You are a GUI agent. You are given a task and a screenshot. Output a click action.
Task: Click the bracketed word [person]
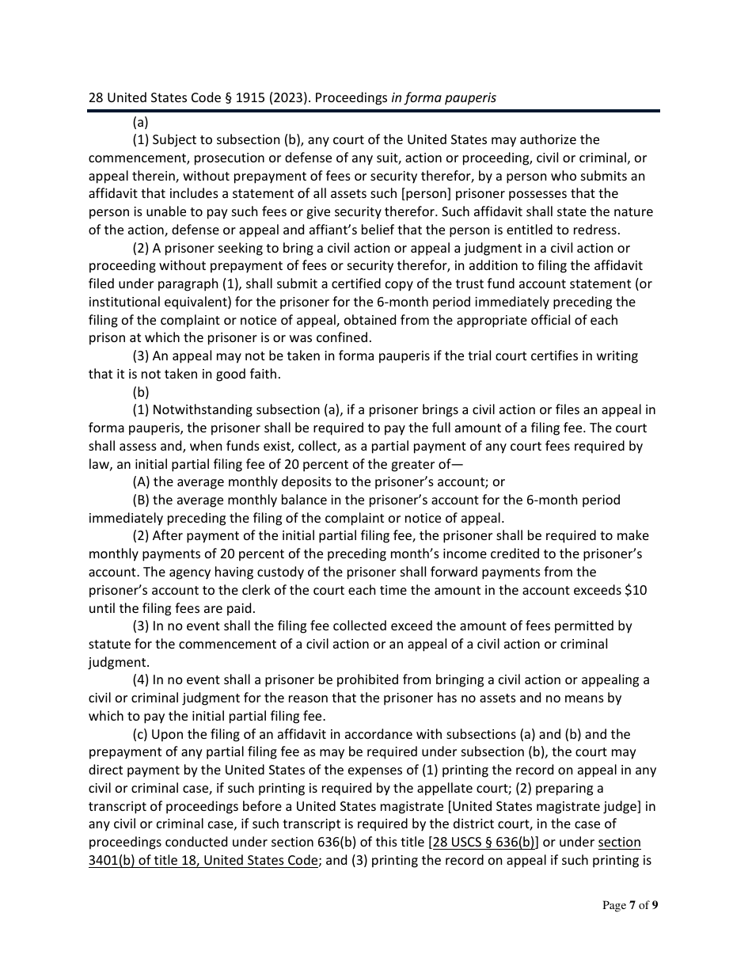tap(419, 194)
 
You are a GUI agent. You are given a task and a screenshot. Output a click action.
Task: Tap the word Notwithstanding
tap(203, 410)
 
